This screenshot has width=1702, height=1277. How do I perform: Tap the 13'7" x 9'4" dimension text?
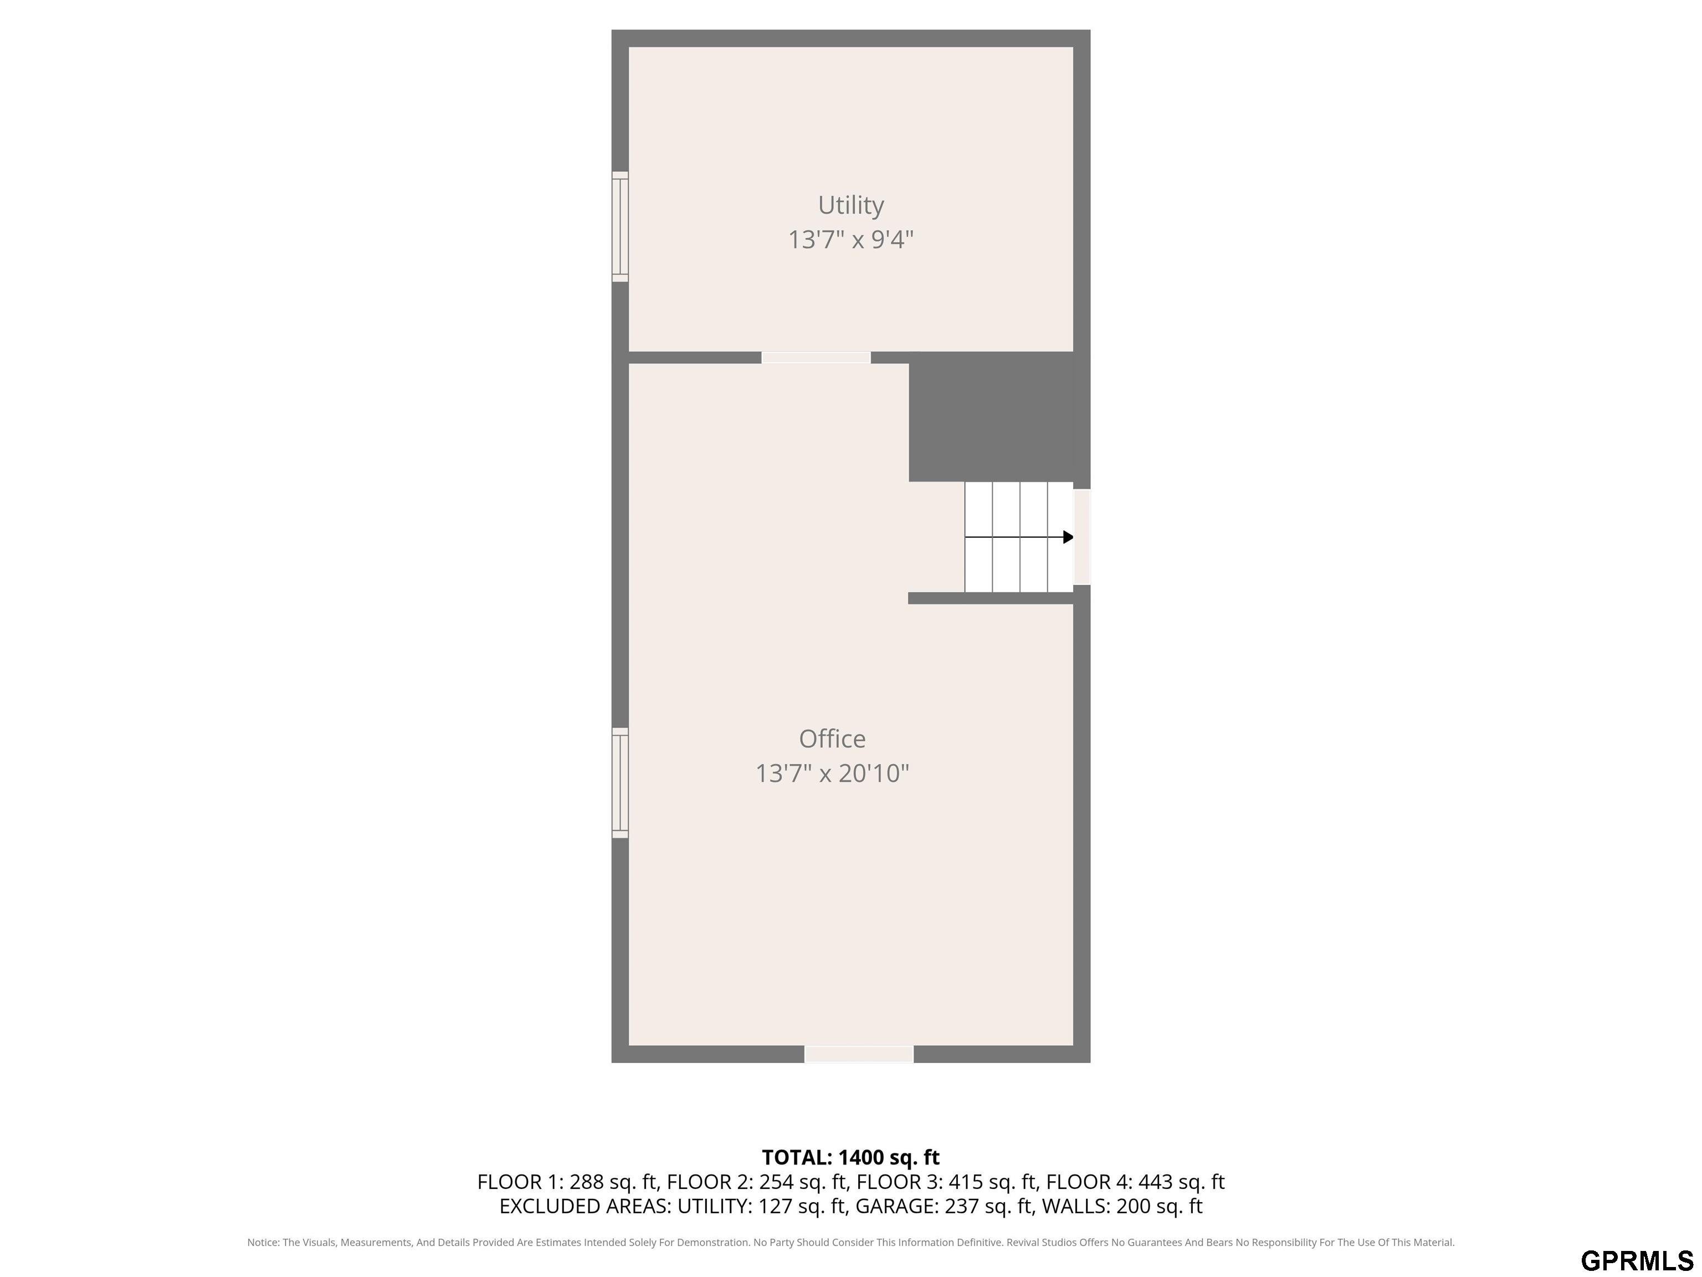coord(850,239)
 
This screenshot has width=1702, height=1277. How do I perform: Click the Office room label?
coord(832,739)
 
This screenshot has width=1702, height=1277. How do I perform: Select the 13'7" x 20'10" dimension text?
coord(832,773)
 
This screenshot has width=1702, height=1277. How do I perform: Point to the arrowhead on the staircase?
coord(1068,537)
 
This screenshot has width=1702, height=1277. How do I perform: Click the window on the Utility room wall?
coord(620,226)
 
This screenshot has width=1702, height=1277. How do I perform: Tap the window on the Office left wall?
coord(620,783)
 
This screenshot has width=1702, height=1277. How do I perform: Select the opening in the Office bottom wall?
coord(859,1054)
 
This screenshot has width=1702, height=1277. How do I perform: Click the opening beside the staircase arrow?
coord(1082,537)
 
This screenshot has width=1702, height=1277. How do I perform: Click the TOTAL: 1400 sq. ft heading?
coord(850,1157)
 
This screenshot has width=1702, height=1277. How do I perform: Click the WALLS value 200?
coord(1134,1206)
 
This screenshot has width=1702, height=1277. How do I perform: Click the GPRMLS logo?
coord(1637,1261)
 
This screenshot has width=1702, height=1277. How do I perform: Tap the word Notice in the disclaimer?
coord(263,1243)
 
